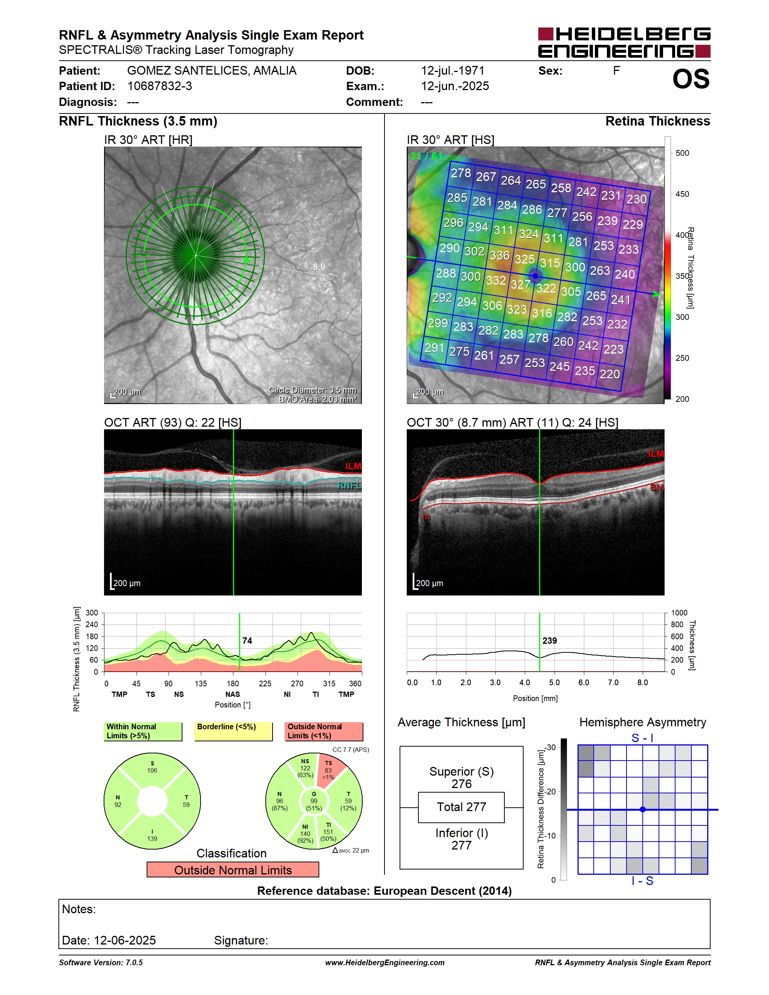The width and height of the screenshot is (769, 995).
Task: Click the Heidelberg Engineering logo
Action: pyautogui.click(x=624, y=42)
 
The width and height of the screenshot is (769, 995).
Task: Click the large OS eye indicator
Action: pyautogui.click(x=691, y=79)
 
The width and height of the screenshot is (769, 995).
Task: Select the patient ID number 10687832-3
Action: pyautogui.click(x=159, y=86)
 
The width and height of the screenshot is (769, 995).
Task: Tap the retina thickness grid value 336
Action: pyautogui.click(x=499, y=255)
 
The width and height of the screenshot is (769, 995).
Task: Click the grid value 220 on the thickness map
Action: pyautogui.click(x=610, y=374)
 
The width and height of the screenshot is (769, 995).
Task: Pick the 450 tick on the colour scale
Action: pyautogui.click(x=682, y=194)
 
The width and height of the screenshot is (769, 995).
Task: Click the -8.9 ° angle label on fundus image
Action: pyautogui.click(x=320, y=266)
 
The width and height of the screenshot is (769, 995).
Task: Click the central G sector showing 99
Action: pyautogui.click(x=314, y=801)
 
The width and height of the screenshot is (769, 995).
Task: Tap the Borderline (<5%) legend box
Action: pyautogui.click(x=233, y=731)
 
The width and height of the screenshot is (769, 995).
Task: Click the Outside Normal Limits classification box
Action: pyautogui.click(x=233, y=870)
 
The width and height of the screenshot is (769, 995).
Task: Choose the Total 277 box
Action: pyautogui.click(x=461, y=807)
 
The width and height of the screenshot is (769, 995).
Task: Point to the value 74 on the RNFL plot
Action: pyautogui.click(x=247, y=641)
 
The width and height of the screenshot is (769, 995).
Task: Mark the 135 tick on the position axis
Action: pyautogui.click(x=201, y=683)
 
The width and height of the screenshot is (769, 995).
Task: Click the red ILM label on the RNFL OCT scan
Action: pyautogui.click(x=353, y=466)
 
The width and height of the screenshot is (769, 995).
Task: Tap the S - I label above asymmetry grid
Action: pyautogui.click(x=642, y=738)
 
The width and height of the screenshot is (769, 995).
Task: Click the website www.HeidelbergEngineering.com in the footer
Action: pyautogui.click(x=384, y=962)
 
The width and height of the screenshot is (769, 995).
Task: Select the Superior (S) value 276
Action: pyautogui.click(x=461, y=784)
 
